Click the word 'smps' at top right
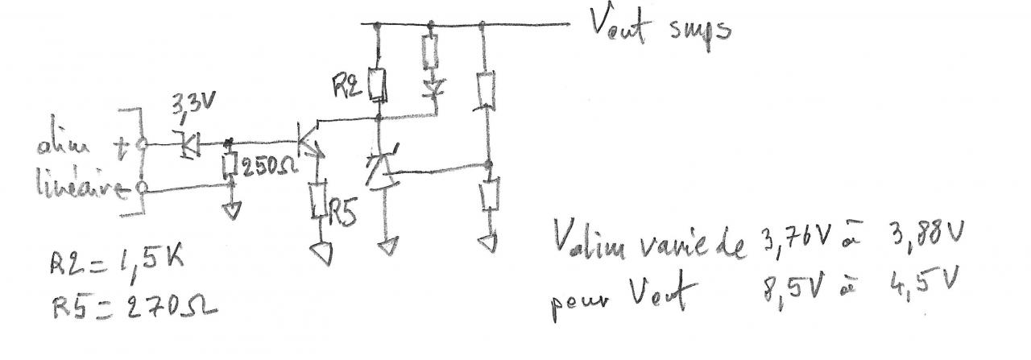tap(698, 31)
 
